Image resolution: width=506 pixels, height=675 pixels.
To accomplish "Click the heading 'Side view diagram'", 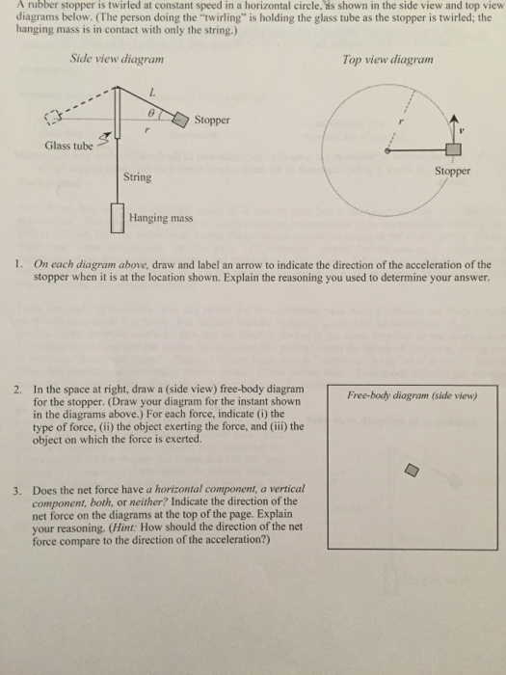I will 117,59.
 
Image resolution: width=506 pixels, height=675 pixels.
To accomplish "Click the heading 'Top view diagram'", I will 387,59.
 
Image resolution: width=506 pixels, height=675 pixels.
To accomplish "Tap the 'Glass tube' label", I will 68,146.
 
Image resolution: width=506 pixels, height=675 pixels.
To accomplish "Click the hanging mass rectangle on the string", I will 118,219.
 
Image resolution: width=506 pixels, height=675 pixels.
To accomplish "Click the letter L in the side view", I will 150,93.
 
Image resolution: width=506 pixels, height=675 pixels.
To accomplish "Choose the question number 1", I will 19,261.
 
